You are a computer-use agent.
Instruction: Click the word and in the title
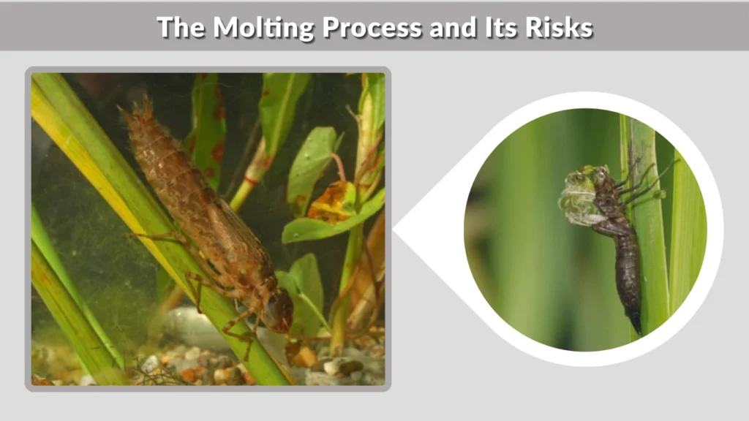pos(451,27)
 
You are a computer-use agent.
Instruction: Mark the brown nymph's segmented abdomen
pos(183,183)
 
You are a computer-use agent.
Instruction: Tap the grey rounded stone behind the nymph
pos(183,325)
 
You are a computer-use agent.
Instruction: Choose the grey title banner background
pos(73,27)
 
